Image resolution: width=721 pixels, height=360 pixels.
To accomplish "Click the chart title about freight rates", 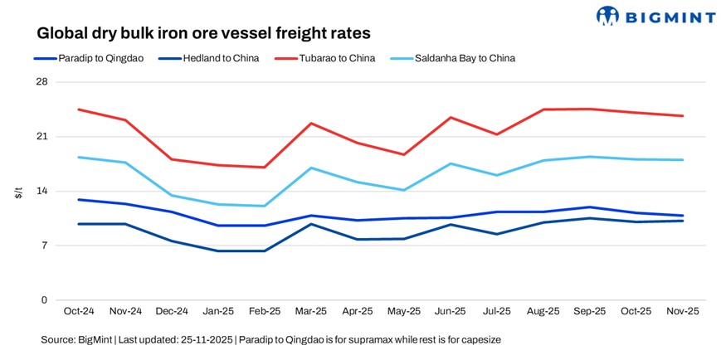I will click(x=203, y=33).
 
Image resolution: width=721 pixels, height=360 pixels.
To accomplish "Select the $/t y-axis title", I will click(x=18, y=192).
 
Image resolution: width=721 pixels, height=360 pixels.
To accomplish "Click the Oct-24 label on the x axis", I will click(x=79, y=312).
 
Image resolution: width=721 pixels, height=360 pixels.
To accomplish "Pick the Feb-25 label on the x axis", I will click(x=265, y=312).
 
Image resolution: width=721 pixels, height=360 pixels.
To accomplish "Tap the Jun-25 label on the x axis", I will click(x=451, y=312).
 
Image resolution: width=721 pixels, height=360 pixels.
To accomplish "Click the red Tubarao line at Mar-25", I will click(x=310, y=124).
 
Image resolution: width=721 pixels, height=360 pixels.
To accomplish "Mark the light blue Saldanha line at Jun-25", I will click(x=451, y=163).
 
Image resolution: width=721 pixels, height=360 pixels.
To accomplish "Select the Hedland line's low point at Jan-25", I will click(x=218, y=251).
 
